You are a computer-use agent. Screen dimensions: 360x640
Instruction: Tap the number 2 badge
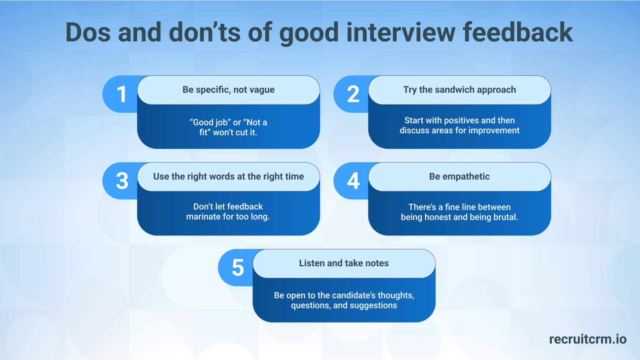[x=353, y=94]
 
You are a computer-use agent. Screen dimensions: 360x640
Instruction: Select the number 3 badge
[x=122, y=181]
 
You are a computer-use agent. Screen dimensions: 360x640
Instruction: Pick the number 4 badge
[x=353, y=181]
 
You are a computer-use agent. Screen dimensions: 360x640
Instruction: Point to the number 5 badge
[x=237, y=267]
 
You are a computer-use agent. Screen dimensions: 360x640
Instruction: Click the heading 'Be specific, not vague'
[x=228, y=90]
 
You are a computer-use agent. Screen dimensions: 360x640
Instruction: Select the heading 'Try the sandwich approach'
[x=459, y=90]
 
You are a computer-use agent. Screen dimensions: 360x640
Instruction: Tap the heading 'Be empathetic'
[x=459, y=177]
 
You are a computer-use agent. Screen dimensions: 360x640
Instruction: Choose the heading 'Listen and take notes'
[x=344, y=263]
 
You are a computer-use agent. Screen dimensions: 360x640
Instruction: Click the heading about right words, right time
[x=228, y=177]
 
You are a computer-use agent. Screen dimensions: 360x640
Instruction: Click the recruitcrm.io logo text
[x=587, y=339]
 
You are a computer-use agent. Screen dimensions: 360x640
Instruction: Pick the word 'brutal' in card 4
[x=505, y=217]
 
